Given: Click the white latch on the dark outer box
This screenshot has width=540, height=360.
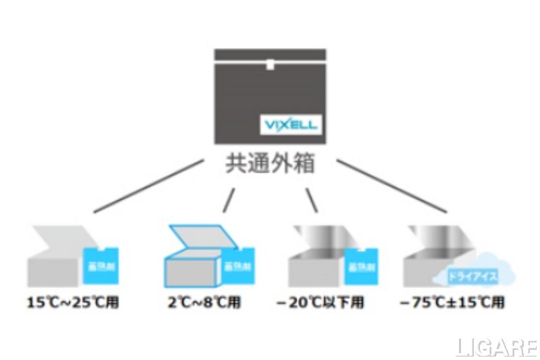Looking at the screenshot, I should (269, 66).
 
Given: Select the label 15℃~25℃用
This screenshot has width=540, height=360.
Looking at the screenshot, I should (74, 301).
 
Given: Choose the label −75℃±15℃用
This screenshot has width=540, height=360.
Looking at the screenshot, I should (452, 301).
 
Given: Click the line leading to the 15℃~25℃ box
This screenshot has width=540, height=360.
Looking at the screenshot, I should (148, 186).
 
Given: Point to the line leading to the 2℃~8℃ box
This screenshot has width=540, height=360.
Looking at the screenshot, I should (230, 199).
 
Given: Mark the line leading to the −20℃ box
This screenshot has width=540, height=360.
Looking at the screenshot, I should (311, 199).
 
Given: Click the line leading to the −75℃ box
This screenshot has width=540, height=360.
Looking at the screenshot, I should (391, 186).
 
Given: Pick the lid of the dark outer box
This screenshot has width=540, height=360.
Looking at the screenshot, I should (270, 54).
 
